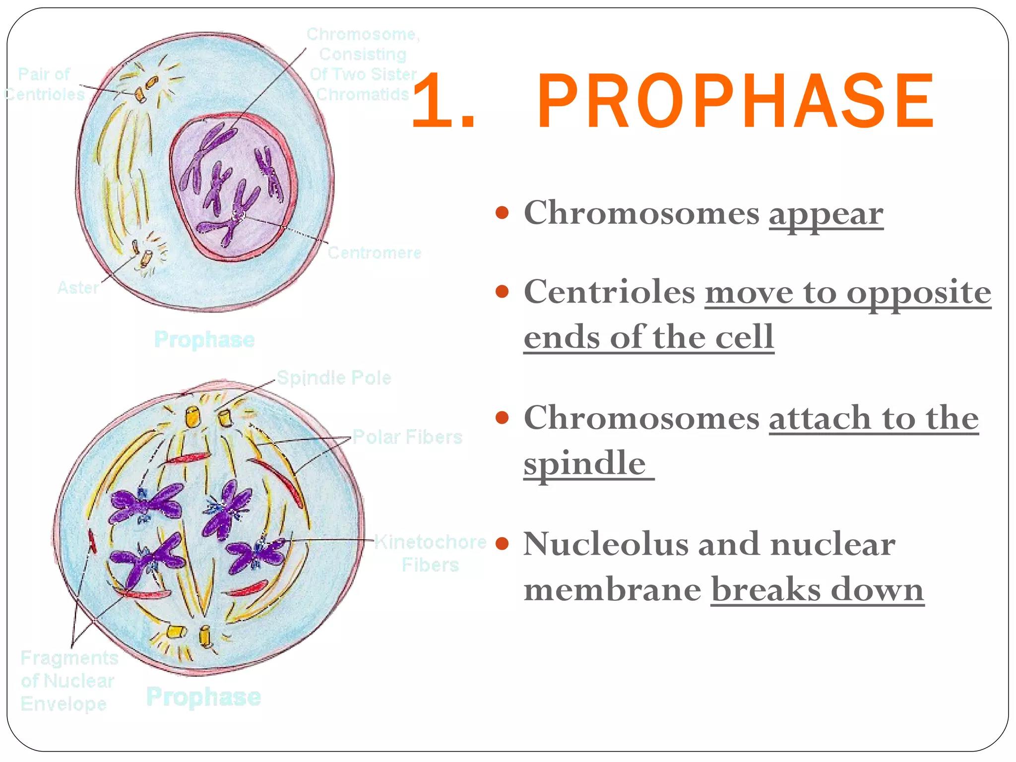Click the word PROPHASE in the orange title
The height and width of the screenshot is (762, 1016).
[x=735, y=101]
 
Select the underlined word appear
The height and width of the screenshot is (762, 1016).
[x=826, y=214]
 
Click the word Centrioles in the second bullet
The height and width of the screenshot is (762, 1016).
[x=609, y=292]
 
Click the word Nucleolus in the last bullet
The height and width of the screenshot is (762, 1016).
[x=606, y=544]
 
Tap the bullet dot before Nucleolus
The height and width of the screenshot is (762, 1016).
[x=502, y=544]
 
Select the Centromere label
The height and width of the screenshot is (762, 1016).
[x=375, y=253]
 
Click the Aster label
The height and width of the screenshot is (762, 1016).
[x=78, y=288]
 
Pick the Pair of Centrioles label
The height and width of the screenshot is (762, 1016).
[x=45, y=84]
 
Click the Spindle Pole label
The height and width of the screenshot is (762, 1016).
[x=334, y=378]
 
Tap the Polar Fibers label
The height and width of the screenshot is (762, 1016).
[x=407, y=437]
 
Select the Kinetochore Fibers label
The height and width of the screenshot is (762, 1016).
[x=430, y=553]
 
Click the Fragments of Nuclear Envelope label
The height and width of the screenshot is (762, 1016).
[x=68, y=681]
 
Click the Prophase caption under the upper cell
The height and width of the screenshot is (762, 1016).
[x=204, y=340]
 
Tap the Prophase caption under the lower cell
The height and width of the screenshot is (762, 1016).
[x=203, y=697]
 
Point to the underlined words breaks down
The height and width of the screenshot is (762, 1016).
[x=817, y=590]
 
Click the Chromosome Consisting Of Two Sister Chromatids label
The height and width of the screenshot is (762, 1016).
[x=363, y=64]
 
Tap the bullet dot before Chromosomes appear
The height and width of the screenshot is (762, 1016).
[x=502, y=213]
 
